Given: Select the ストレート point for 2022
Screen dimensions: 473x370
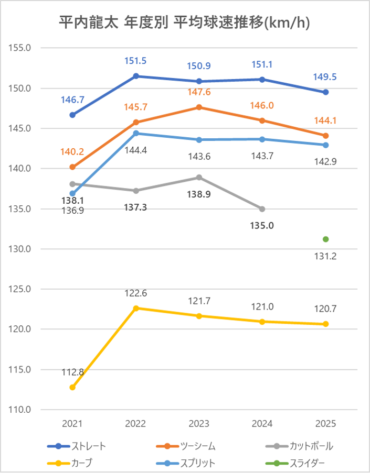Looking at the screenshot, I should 136,76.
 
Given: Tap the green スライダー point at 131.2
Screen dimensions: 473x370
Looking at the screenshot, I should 326,239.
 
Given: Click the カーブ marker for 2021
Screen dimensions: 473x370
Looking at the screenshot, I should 72,387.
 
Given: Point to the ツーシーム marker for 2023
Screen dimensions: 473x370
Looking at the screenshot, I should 199,107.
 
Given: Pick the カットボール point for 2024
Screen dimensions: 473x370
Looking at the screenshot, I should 262,209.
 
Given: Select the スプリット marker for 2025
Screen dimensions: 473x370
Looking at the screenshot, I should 326,145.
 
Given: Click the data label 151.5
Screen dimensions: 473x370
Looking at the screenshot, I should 135,61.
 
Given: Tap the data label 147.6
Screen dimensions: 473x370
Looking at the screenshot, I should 199,92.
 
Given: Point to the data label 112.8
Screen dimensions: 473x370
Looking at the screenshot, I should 72,373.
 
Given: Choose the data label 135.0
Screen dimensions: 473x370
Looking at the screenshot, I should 262,226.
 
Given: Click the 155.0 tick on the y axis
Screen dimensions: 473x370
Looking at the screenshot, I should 21,48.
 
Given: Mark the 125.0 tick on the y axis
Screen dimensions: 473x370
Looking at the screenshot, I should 21,289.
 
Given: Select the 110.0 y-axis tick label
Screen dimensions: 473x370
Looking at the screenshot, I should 21,410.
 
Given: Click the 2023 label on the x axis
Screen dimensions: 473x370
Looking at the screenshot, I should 199,423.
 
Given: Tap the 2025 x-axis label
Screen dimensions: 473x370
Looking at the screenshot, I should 326,423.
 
